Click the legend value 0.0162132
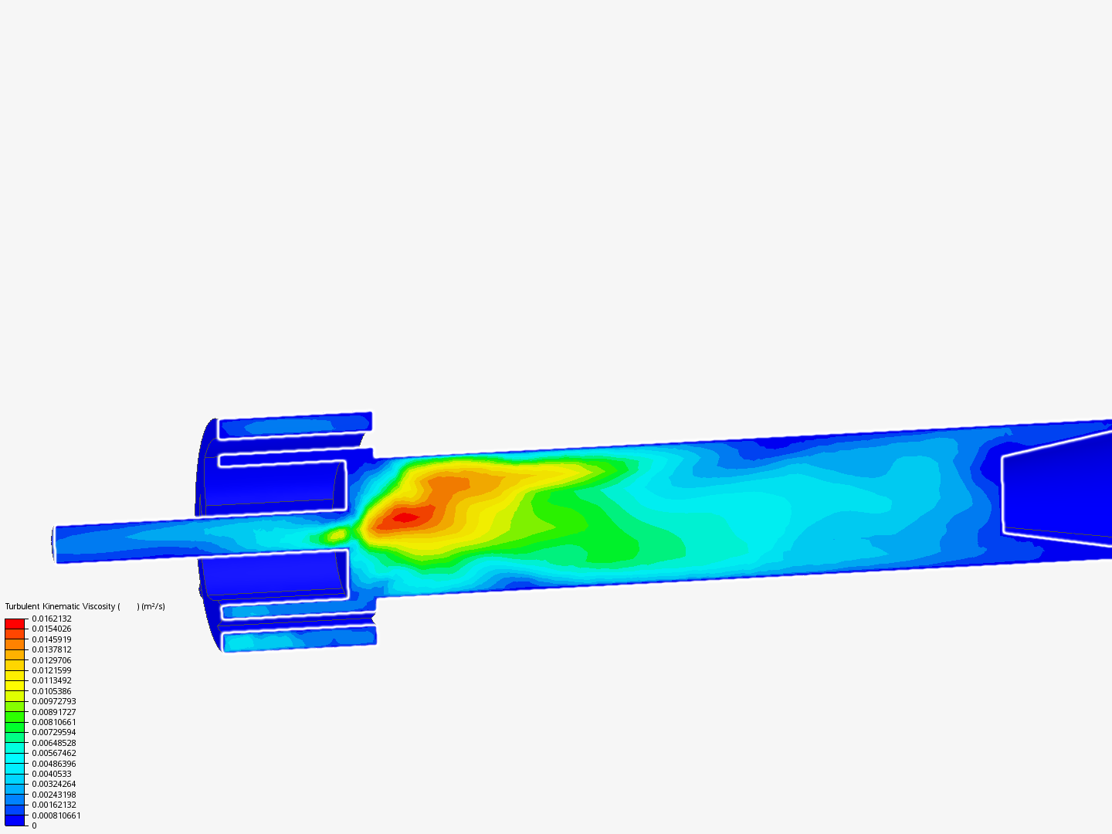(52, 619)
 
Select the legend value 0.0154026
(52, 629)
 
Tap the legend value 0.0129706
(52, 660)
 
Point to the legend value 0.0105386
(52, 691)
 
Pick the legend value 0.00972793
(54, 701)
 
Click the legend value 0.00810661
(54, 722)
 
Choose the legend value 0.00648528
(54, 743)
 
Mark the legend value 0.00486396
(54, 764)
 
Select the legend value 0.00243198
(54, 795)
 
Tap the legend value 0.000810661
(56, 815)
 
